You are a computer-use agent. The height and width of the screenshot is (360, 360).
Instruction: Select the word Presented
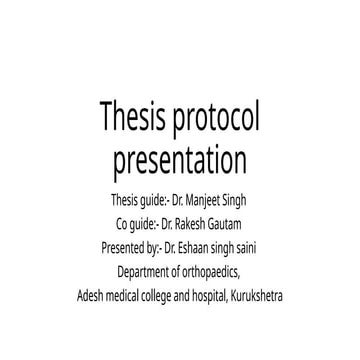[126, 245]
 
